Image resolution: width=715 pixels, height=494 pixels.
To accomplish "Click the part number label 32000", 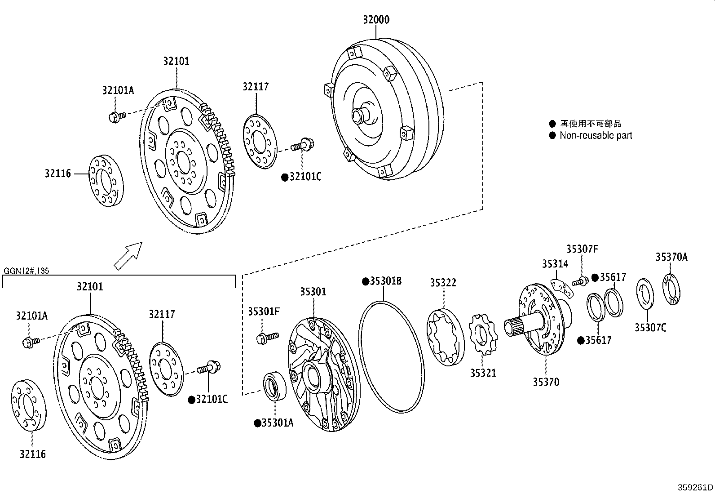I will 376,20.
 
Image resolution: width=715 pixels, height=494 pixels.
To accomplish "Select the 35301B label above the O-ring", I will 382,281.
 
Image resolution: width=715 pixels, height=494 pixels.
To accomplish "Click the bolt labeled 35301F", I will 267,338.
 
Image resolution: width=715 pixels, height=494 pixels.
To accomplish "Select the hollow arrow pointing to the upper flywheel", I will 128,256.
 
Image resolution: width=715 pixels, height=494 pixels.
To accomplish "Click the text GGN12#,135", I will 26,271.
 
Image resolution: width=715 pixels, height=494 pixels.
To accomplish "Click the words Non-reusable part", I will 596,135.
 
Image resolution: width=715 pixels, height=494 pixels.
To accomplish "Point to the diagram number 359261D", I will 695,487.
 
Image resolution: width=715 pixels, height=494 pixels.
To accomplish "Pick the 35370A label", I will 671,257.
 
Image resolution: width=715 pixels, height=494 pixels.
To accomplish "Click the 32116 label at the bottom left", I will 32,454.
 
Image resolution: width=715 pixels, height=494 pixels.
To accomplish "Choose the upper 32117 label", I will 256,87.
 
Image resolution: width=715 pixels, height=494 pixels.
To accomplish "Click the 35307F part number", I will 582,249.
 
